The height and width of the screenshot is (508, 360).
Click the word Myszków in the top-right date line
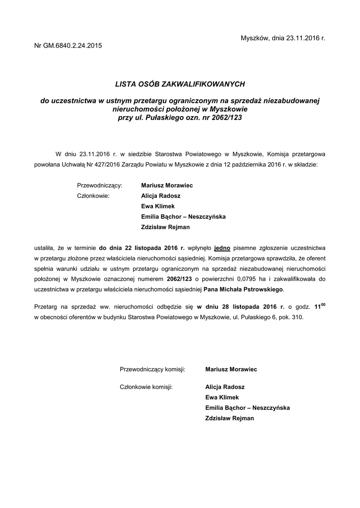click(x=254, y=38)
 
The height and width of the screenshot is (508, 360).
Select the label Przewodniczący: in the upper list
click(x=100, y=185)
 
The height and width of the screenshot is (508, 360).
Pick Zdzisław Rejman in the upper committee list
click(x=165, y=227)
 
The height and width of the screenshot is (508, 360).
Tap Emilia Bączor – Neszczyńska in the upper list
click(x=183, y=217)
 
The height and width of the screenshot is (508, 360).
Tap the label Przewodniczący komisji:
click(x=152, y=369)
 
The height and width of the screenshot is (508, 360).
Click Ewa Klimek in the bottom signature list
click(x=222, y=397)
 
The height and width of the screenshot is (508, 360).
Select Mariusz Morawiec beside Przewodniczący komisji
click(x=231, y=369)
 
